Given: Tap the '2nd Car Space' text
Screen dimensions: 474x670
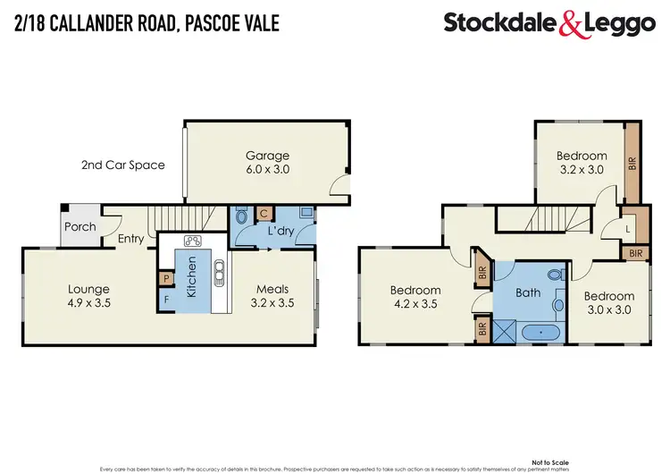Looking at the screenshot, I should [x=122, y=165].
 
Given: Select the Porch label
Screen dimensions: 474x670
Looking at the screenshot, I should [x=80, y=226].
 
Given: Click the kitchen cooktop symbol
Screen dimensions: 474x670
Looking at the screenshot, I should [x=191, y=241].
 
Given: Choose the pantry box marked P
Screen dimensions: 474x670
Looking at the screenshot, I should [x=166, y=279].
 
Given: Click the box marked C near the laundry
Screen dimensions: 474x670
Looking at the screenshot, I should [x=264, y=214].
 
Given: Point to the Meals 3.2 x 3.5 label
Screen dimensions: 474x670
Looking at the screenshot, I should [x=272, y=295].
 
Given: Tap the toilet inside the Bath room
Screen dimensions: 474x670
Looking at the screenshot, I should [x=554, y=275].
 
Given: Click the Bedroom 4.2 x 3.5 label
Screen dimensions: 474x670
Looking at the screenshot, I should [x=415, y=297].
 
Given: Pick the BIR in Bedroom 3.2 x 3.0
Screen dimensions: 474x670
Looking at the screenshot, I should [x=632, y=164].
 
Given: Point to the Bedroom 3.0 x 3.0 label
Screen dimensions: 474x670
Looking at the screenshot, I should [x=609, y=302].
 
